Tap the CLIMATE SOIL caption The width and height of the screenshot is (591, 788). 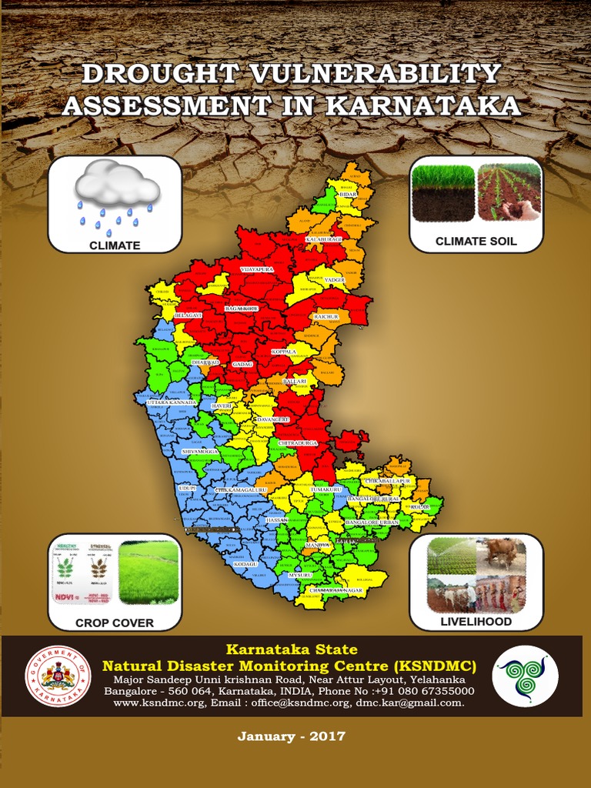tap(476, 242)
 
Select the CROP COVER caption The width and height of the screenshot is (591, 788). tap(115, 623)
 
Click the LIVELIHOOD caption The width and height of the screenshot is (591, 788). tap(476, 621)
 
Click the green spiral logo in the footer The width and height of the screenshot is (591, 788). tap(526, 676)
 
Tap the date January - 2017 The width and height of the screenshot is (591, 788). tap(292, 736)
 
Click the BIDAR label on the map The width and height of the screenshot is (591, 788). tap(348, 196)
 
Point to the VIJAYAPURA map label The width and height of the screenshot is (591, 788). tap(257, 270)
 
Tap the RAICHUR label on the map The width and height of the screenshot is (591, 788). tap(326, 316)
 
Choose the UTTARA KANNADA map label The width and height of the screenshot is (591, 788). tap(171, 402)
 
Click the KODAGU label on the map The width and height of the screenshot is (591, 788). tap(245, 564)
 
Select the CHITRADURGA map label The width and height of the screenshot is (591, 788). tap(297, 443)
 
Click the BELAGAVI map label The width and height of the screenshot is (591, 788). tap(188, 316)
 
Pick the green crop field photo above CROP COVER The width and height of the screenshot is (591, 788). tap(149, 571)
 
